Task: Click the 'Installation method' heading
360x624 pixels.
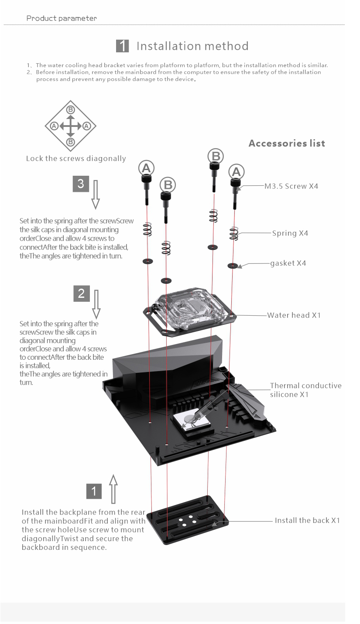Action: coord(192,46)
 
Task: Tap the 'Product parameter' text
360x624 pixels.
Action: coord(62,18)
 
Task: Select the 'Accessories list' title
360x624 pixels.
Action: coord(287,143)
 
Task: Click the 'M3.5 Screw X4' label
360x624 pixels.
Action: coord(291,186)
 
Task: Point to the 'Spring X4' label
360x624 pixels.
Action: coord(290,233)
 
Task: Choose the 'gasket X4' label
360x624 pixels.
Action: coord(288,263)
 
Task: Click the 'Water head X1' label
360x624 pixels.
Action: coord(294,315)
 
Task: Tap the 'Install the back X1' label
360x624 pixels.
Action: coord(307,520)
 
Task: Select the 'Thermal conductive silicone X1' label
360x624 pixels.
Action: coord(305,390)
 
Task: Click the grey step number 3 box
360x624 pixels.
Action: coord(81,184)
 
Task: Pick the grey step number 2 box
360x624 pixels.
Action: coord(81,293)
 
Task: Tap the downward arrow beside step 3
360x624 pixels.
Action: coord(96,194)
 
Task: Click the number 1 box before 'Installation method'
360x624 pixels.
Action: coord(123,46)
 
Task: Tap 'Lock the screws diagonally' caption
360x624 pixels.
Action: coord(76,158)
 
